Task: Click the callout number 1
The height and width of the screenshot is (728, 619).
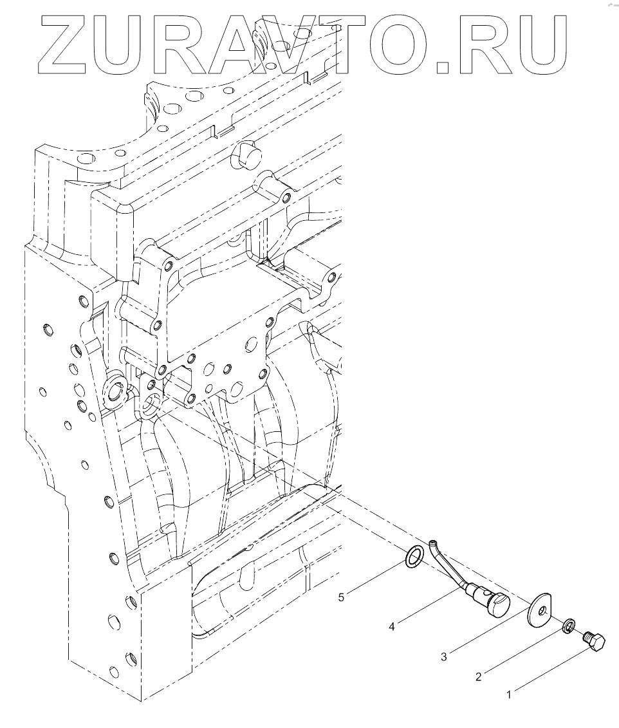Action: (x=509, y=695)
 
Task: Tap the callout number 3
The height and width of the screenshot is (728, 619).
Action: (x=444, y=657)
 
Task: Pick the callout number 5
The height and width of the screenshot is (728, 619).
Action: (x=342, y=597)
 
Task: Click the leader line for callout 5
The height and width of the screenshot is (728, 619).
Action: (x=378, y=577)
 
